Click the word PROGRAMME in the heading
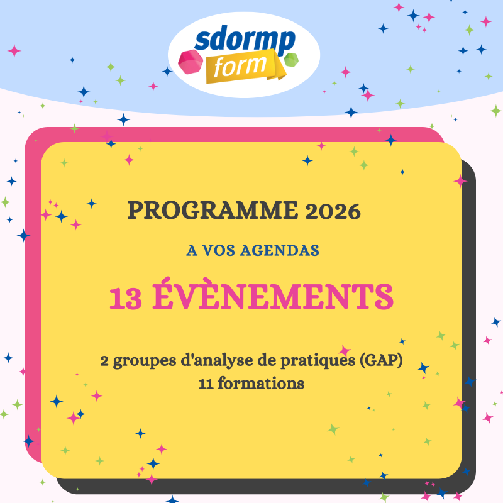pos(213,210)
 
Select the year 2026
pos(333,211)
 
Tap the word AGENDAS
pos(280,250)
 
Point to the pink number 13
pos(125,298)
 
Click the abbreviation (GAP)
pos(381,360)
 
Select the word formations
pos(261,384)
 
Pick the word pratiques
pos(318,361)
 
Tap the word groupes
pos(145,362)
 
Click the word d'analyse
pos(217,361)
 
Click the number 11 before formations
pos(206,384)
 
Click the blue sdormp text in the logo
pos(245,40)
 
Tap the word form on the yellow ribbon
pos(240,66)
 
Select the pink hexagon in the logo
pos(191,62)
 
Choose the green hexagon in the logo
pos(291,60)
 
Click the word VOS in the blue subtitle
pos(219,250)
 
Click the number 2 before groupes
pos(104,361)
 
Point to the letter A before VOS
pos(192,250)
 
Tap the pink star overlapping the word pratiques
pos(345,351)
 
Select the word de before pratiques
pos(267,360)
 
